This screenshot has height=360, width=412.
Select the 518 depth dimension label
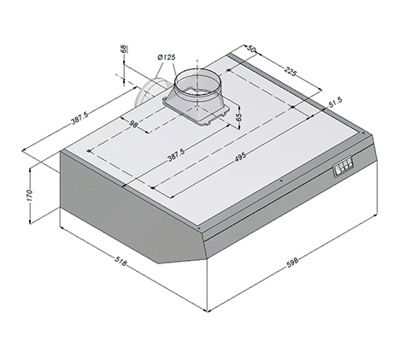(x=124, y=262)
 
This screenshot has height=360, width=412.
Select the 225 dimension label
(x=291, y=74)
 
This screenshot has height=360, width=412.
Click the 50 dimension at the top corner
(x=251, y=49)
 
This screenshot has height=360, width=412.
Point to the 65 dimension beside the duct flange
(x=238, y=111)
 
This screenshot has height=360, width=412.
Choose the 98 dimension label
(x=132, y=125)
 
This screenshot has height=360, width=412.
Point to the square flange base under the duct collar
(x=199, y=113)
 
